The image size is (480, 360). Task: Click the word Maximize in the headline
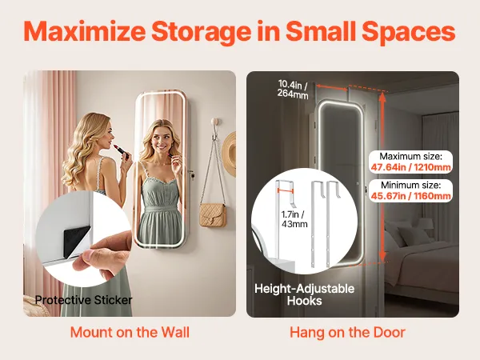pos(85,31)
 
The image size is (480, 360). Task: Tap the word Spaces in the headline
pos(409,32)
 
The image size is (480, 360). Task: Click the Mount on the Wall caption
pos(130,332)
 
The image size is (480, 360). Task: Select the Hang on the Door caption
pos(347,332)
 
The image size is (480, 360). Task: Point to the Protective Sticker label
pos(83,300)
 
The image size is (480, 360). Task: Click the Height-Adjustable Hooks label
pos(304,294)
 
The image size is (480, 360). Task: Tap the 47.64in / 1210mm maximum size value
pos(411,167)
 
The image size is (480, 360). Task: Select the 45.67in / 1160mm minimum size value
pos(411,196)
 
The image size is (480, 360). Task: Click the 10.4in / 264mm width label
pos(293,89)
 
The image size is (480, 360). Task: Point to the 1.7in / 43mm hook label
pos(294,219)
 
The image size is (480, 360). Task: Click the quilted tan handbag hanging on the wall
pos(213,215)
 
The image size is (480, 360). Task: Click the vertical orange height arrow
pos(382,178)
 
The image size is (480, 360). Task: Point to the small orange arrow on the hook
pos(286,190)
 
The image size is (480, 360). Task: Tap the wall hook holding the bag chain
pos(215,128)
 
